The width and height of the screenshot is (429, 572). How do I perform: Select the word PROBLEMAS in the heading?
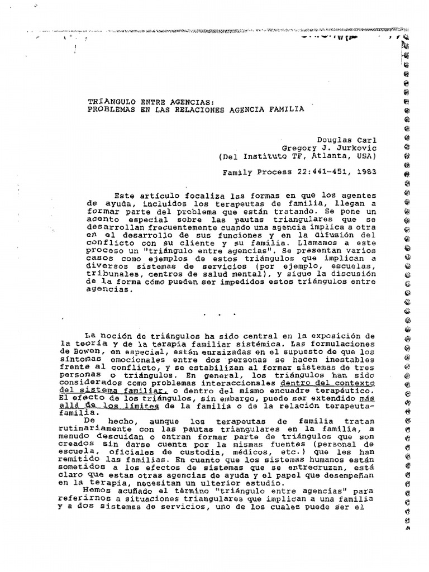108,109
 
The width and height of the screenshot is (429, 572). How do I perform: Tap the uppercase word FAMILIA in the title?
288,109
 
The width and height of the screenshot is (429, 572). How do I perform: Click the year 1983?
356,173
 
